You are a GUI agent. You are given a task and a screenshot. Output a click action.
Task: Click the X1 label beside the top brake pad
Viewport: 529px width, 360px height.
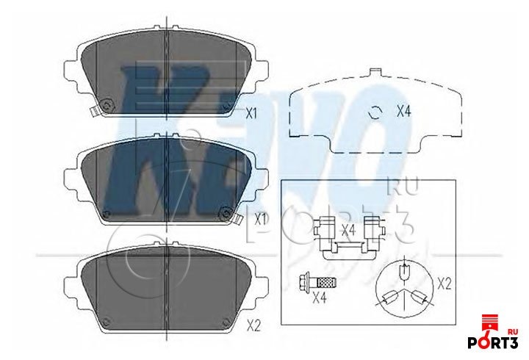[x=251, y=114]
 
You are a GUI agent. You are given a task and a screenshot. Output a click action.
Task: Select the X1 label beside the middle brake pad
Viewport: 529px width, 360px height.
[x=259, y=219]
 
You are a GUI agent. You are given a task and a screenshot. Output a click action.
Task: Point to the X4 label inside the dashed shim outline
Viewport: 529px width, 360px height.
[x=403, y=112]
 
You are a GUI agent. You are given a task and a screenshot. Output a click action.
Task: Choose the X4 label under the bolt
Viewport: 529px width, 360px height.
[x=318, y=298]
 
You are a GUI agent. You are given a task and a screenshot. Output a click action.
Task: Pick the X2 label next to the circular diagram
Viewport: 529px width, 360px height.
[x=443, y=282]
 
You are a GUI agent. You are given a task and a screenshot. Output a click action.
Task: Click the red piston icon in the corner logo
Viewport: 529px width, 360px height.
[x=486, y=323]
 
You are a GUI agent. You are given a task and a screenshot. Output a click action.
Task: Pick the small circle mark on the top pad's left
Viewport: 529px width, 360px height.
[x=109, y=105]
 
